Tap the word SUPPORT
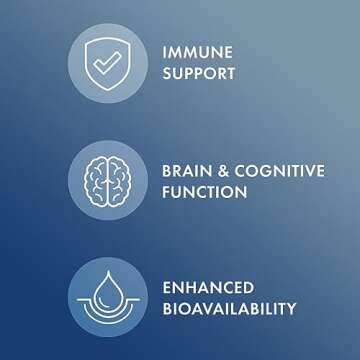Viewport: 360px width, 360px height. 199,74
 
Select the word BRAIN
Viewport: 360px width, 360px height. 187,171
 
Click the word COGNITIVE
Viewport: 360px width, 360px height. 280,171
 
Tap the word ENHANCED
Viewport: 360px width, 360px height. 207,287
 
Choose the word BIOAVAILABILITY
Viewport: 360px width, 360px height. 229,309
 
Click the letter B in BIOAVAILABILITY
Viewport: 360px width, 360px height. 166,309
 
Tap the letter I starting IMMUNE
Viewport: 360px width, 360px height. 164,52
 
